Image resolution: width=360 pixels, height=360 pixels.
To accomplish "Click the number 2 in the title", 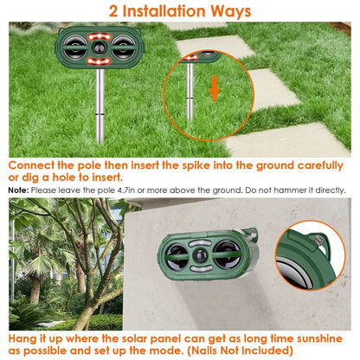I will pyautogui.click(x=115, y=11).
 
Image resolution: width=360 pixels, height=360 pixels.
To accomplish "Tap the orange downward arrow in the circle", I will pyautogui.click(x=214, y=88).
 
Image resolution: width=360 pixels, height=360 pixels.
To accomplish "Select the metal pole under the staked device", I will pyautogui.click(x=101, y=95).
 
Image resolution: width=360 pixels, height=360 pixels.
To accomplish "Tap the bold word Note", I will pyautogui.click(x=18, y=190).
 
